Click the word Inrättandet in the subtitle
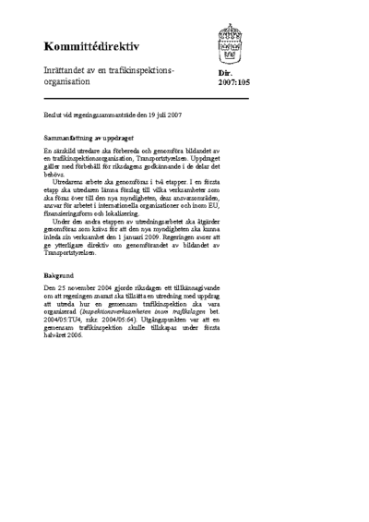tap(66, 69)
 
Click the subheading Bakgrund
tap(57, 275)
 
